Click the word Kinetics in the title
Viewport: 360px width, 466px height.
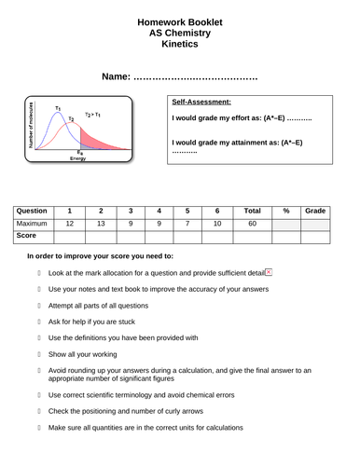180,43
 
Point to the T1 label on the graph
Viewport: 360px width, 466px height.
57,108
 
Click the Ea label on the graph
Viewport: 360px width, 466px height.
80,151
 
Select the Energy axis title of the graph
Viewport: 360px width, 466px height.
78,158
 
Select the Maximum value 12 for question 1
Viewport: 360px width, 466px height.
69,224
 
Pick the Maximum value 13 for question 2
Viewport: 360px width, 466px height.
100,224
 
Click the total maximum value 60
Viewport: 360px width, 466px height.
252,224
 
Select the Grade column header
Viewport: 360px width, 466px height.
315,211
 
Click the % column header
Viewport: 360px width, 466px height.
286,211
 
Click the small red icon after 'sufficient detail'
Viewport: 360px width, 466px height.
269,271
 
